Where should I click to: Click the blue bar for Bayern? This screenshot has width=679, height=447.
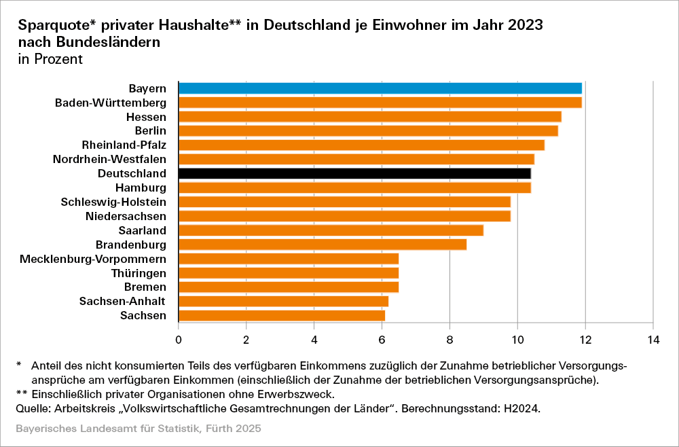(x=380, y=88)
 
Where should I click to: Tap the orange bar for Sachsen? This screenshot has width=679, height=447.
(x=281, y=315)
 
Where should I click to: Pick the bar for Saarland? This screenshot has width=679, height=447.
(x=331, y=230)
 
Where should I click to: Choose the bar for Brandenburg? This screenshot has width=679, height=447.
(x=322, y=245)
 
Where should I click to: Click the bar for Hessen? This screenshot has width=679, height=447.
(x=369, y=117)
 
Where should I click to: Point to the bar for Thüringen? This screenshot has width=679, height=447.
(x=288, y=273)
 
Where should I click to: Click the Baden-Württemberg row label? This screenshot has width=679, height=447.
(x=111, y=103)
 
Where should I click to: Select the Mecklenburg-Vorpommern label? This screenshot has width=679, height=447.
(x=94, y=259)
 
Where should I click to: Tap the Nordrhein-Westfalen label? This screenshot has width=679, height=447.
(x=109, y=160)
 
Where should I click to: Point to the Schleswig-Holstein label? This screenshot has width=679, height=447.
(x=113, y=202)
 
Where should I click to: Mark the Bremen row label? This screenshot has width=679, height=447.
(x=145, y=287)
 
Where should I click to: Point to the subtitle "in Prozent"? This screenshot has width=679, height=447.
(x=50, y=59)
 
